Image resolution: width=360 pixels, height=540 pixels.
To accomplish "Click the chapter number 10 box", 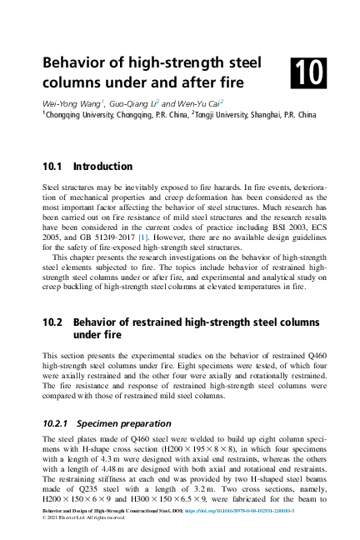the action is point(309,72).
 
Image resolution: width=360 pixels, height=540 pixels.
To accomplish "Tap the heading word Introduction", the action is point(103,167).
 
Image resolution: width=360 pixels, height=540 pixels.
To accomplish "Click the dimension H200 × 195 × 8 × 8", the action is point(203,449).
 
